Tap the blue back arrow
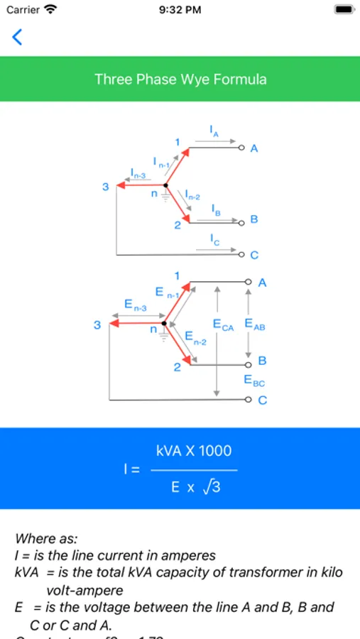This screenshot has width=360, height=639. tap(17, 37)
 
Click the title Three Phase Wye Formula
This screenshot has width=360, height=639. tap(180, 79)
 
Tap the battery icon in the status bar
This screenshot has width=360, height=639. tap(344, 10)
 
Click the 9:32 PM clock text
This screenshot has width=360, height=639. tap(180, 10)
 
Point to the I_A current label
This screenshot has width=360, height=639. tap(214, 131)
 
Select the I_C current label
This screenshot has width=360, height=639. tap(215, 241)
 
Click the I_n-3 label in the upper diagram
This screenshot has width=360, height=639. tap(138, 173)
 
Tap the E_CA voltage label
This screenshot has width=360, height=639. tap(223, 324)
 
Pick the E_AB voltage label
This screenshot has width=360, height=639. tap(254, 324)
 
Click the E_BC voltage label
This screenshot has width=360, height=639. tap(254, 381)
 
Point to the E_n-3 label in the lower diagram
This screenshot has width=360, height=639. tap(135, 305)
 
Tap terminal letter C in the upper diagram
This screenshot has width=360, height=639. tap(254, 256)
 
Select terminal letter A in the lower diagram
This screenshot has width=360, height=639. tap(262, 283)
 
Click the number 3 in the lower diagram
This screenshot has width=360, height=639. tap(97, 325)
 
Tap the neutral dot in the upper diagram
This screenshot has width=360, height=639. tap(165, 186)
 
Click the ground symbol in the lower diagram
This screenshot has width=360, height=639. tap(165, 336)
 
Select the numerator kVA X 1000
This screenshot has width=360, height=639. tap(194, 451)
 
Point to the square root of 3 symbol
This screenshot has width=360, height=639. tap(211, 486)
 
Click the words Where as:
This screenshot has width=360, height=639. tap(46, 539)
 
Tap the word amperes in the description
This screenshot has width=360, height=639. tap(188, 555)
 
